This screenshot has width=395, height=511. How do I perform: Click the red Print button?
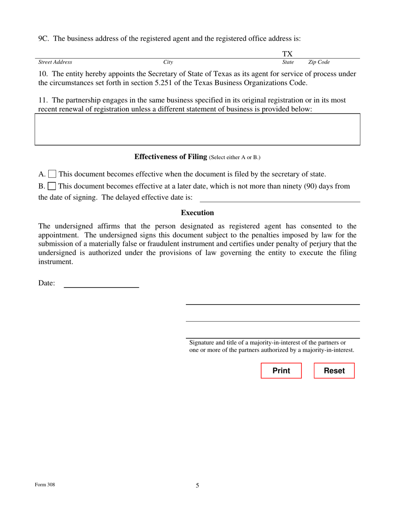pyautogui.click(x=281, y=371)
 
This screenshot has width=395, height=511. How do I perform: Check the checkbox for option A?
pyautogui.click(x=53, y=174)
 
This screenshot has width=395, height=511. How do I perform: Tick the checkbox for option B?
pyautogui.click(x=52, y=186)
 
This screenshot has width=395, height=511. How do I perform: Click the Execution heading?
pyautogui.click(x=197, y=213)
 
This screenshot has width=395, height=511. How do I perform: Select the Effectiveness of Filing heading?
pyautogui.click(x=170, y=157)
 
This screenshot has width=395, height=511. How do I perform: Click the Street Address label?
pyautogui.click(x=55, y=62)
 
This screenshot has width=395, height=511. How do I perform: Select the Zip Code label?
pyautogui.click(x=319, y=62)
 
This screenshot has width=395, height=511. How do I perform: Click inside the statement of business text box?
pyautogui.click(x=197, y=129)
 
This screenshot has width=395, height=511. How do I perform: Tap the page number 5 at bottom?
pyautogui.click(x=197, y=485)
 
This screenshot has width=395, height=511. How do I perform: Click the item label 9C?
pyautogui.click(x=44, y=39)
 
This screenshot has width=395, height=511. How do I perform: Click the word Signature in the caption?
pyautogui.click(x=202, y=343)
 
